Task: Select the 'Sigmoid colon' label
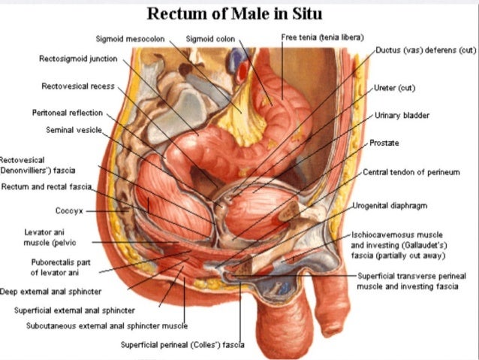209,38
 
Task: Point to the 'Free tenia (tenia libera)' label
322,36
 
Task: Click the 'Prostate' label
384,142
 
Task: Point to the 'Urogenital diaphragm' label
391,204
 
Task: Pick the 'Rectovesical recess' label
78,86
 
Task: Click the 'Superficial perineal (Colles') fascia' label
182,346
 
